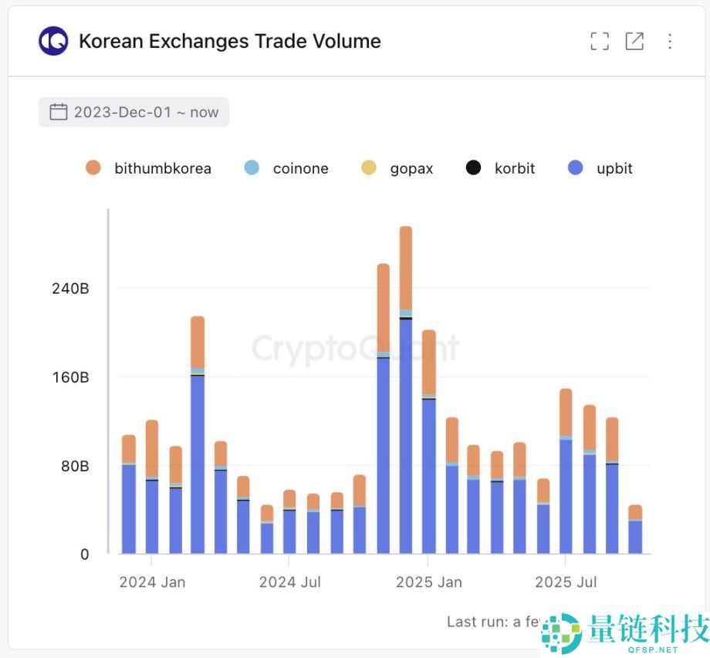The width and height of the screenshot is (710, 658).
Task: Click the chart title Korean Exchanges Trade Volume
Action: [230, 42]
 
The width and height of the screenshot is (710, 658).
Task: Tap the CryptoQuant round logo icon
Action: [53, 42]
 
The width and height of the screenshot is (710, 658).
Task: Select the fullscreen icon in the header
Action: [600, 42]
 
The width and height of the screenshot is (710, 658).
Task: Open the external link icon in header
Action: [634, 42]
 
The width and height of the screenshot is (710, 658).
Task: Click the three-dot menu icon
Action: [670, 42]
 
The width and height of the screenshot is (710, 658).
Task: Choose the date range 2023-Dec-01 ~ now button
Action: [134, 112]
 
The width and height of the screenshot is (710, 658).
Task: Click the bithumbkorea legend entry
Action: [148, 168]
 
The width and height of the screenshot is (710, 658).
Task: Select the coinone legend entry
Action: [287, 168]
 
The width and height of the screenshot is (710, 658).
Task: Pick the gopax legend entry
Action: [397, 168]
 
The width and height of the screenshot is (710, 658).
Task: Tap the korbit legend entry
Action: [501, 168]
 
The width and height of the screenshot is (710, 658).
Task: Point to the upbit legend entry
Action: [600, 168]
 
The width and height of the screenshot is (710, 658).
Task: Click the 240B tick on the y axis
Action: [72, 289]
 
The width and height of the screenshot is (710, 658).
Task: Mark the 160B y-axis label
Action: [72, 377]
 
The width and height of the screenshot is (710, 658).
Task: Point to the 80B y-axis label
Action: [75, 466]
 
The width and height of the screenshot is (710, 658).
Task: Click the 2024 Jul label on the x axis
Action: [289, 582]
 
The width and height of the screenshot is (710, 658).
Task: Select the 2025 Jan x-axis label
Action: [429, 582]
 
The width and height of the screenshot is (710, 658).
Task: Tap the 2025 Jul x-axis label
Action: [566, 582]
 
